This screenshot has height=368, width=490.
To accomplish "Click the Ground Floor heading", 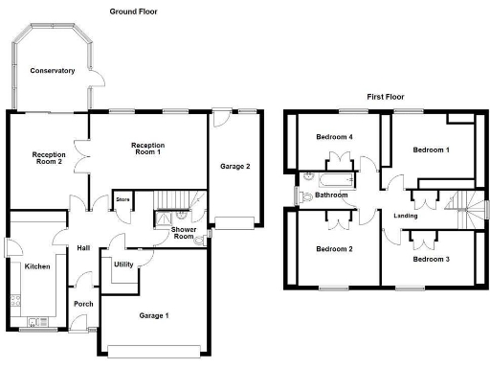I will pyautogui.click(x=133, y=11).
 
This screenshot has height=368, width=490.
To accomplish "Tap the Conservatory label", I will pyautogui.click(x=52, y=71).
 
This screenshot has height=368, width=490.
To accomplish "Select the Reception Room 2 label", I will pyautogui.click(x=47, y=158).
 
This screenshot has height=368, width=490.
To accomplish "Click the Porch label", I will pyautogui.click(x=83, y=305).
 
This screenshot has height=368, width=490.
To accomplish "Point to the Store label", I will pyautogui.click(x=122, y=200).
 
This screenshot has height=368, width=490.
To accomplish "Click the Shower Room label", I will pyautogui.click(x=184, y=235).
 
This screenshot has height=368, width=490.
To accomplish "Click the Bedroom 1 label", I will pyautogui.click(x=430, y=150).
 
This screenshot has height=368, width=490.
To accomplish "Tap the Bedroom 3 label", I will pyautogui.click(x=430, y=259).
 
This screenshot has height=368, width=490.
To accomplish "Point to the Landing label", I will pyautogui.click(x=405, y=216).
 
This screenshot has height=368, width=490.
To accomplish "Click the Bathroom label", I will pyautogui.click(x=331, y=195).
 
